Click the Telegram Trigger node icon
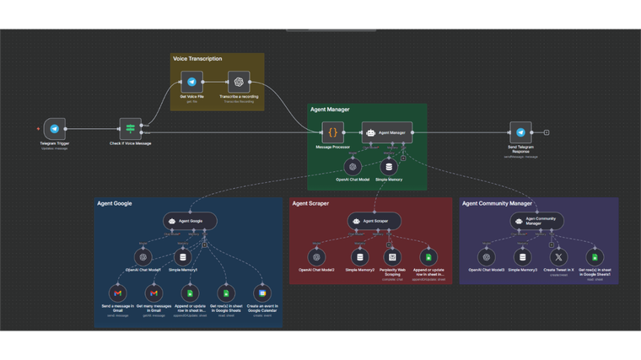click(x=55, y=129)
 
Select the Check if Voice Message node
click(x=131, y=129)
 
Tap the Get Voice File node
click(x=192, y=82)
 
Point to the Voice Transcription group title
click(x=197, y=59)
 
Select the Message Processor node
click(x=333, y=132)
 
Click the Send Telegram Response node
click(x=520, y=132)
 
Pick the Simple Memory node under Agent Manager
click(x=389, y=166)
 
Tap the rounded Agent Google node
click(x=190, y=221)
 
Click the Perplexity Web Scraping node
click(x=391, y=256)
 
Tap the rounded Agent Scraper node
click(x=374, y=221)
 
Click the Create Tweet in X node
click(x=558, y=256)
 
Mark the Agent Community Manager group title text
click(x=497, y=203)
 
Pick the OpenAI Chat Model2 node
click(x=316, y=256)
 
